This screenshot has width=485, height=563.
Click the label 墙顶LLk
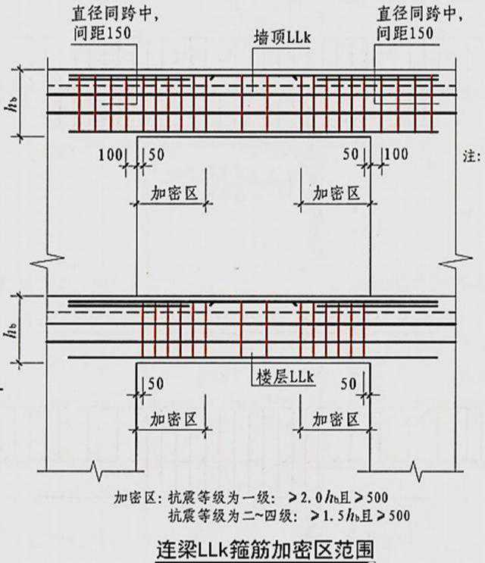(x=282, y=38)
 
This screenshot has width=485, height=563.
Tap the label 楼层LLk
(x=286, y=377)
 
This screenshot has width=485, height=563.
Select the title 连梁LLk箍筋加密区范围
(x=265, y=549)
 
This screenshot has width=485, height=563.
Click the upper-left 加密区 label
(x=174, y=193)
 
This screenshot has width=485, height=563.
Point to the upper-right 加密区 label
(x=336, y=193)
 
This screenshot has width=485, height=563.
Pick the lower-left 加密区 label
(x=174, y=419)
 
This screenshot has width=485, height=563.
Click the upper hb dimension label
(x=12, y=104)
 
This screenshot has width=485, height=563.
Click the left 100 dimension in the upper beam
(x=111, y=155)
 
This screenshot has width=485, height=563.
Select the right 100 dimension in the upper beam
(x=396, y=155)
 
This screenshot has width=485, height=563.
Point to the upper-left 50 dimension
(x=157, y=155)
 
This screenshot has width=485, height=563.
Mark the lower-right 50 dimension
(x=349, y=384)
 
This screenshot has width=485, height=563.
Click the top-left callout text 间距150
(x=102, y=33)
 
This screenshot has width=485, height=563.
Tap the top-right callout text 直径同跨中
(x=420, y=14)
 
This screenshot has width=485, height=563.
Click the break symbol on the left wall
(x=48, y=261)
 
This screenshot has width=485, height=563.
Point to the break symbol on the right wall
(x=455, y=261)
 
